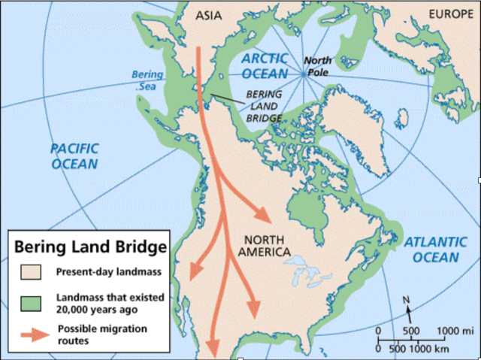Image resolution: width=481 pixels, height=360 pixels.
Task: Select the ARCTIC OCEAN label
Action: pyautogui.click(x=265, y=65)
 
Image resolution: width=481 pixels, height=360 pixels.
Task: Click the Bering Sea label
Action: pyautogui.click(x=147, y=80)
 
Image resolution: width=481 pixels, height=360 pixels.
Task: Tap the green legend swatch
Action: pyautogui.click(x=27, y=301)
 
